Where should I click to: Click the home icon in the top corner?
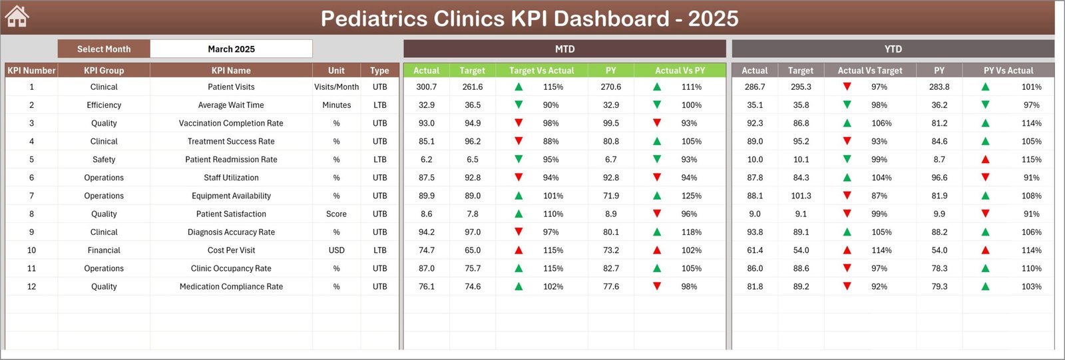click(17, 17)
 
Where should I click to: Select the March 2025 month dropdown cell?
click(231, 49)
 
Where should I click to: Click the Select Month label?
click(104, 49)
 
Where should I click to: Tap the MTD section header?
click(564, 49)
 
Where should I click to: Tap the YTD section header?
click(893, 49)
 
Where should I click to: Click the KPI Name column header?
click(231, 71)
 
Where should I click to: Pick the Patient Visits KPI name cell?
click(231, 87)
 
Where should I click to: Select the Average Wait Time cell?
click(231, 105)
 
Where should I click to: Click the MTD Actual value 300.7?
click(426, 87)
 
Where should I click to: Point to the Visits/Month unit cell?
click(336, 87)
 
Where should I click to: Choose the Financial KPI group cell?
click(104, 250)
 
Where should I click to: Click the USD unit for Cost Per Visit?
click(336, 250)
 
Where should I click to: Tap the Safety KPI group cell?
click(104, 160)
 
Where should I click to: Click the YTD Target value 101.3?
click(801, 196)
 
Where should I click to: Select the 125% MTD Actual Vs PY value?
click(691, 196)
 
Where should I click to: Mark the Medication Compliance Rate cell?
click(231, 287)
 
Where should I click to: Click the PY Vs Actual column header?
click(1008, 71)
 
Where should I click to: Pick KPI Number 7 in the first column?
click(31, 196)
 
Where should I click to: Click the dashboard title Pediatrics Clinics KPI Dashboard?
click(529, 18)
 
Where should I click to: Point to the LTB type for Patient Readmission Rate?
click(379, 160)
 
